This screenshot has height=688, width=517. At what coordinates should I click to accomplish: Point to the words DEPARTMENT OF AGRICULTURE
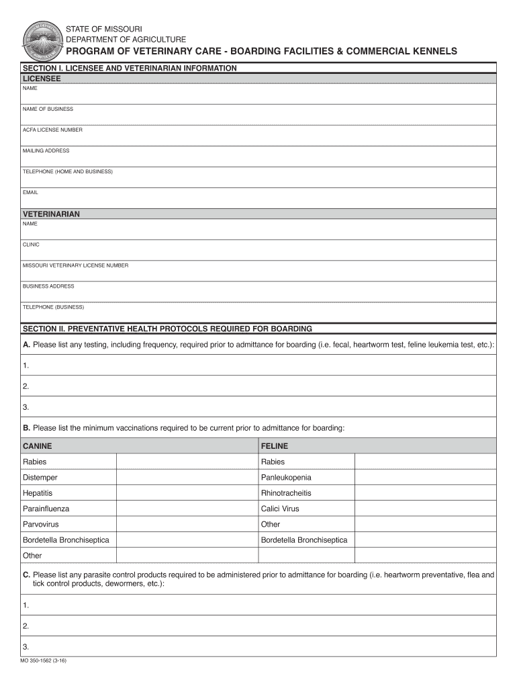tap(126, 40)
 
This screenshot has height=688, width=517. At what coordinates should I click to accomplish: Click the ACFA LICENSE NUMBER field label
tap(52, 130)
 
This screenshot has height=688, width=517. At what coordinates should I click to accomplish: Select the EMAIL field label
tap(30, 192)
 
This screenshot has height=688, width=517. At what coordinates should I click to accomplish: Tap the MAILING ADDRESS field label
tap(46, 150)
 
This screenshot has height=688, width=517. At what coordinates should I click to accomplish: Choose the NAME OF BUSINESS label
tap(48, 109)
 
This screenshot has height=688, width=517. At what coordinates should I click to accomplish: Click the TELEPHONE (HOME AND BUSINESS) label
tap(67, 171)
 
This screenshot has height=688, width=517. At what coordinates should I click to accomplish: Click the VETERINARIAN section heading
tap(51, 214)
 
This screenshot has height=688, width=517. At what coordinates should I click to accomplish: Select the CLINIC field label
tap(31, 245)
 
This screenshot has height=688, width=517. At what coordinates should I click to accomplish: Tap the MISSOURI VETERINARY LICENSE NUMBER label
tap(75, 265)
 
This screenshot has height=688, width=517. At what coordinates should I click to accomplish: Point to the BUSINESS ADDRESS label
tap(48, 286)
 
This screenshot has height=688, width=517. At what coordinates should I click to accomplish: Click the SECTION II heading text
tap(167, 329)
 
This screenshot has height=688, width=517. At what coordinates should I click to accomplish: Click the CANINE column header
tap(37, 446)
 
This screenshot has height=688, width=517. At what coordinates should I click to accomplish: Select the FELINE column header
tap(274, 446)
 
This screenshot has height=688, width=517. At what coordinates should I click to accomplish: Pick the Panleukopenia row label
tap(286, 478)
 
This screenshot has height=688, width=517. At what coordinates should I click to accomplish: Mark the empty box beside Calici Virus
tap(425, 509)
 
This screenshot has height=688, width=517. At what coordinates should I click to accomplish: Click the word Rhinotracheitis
tap(286, 493)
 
